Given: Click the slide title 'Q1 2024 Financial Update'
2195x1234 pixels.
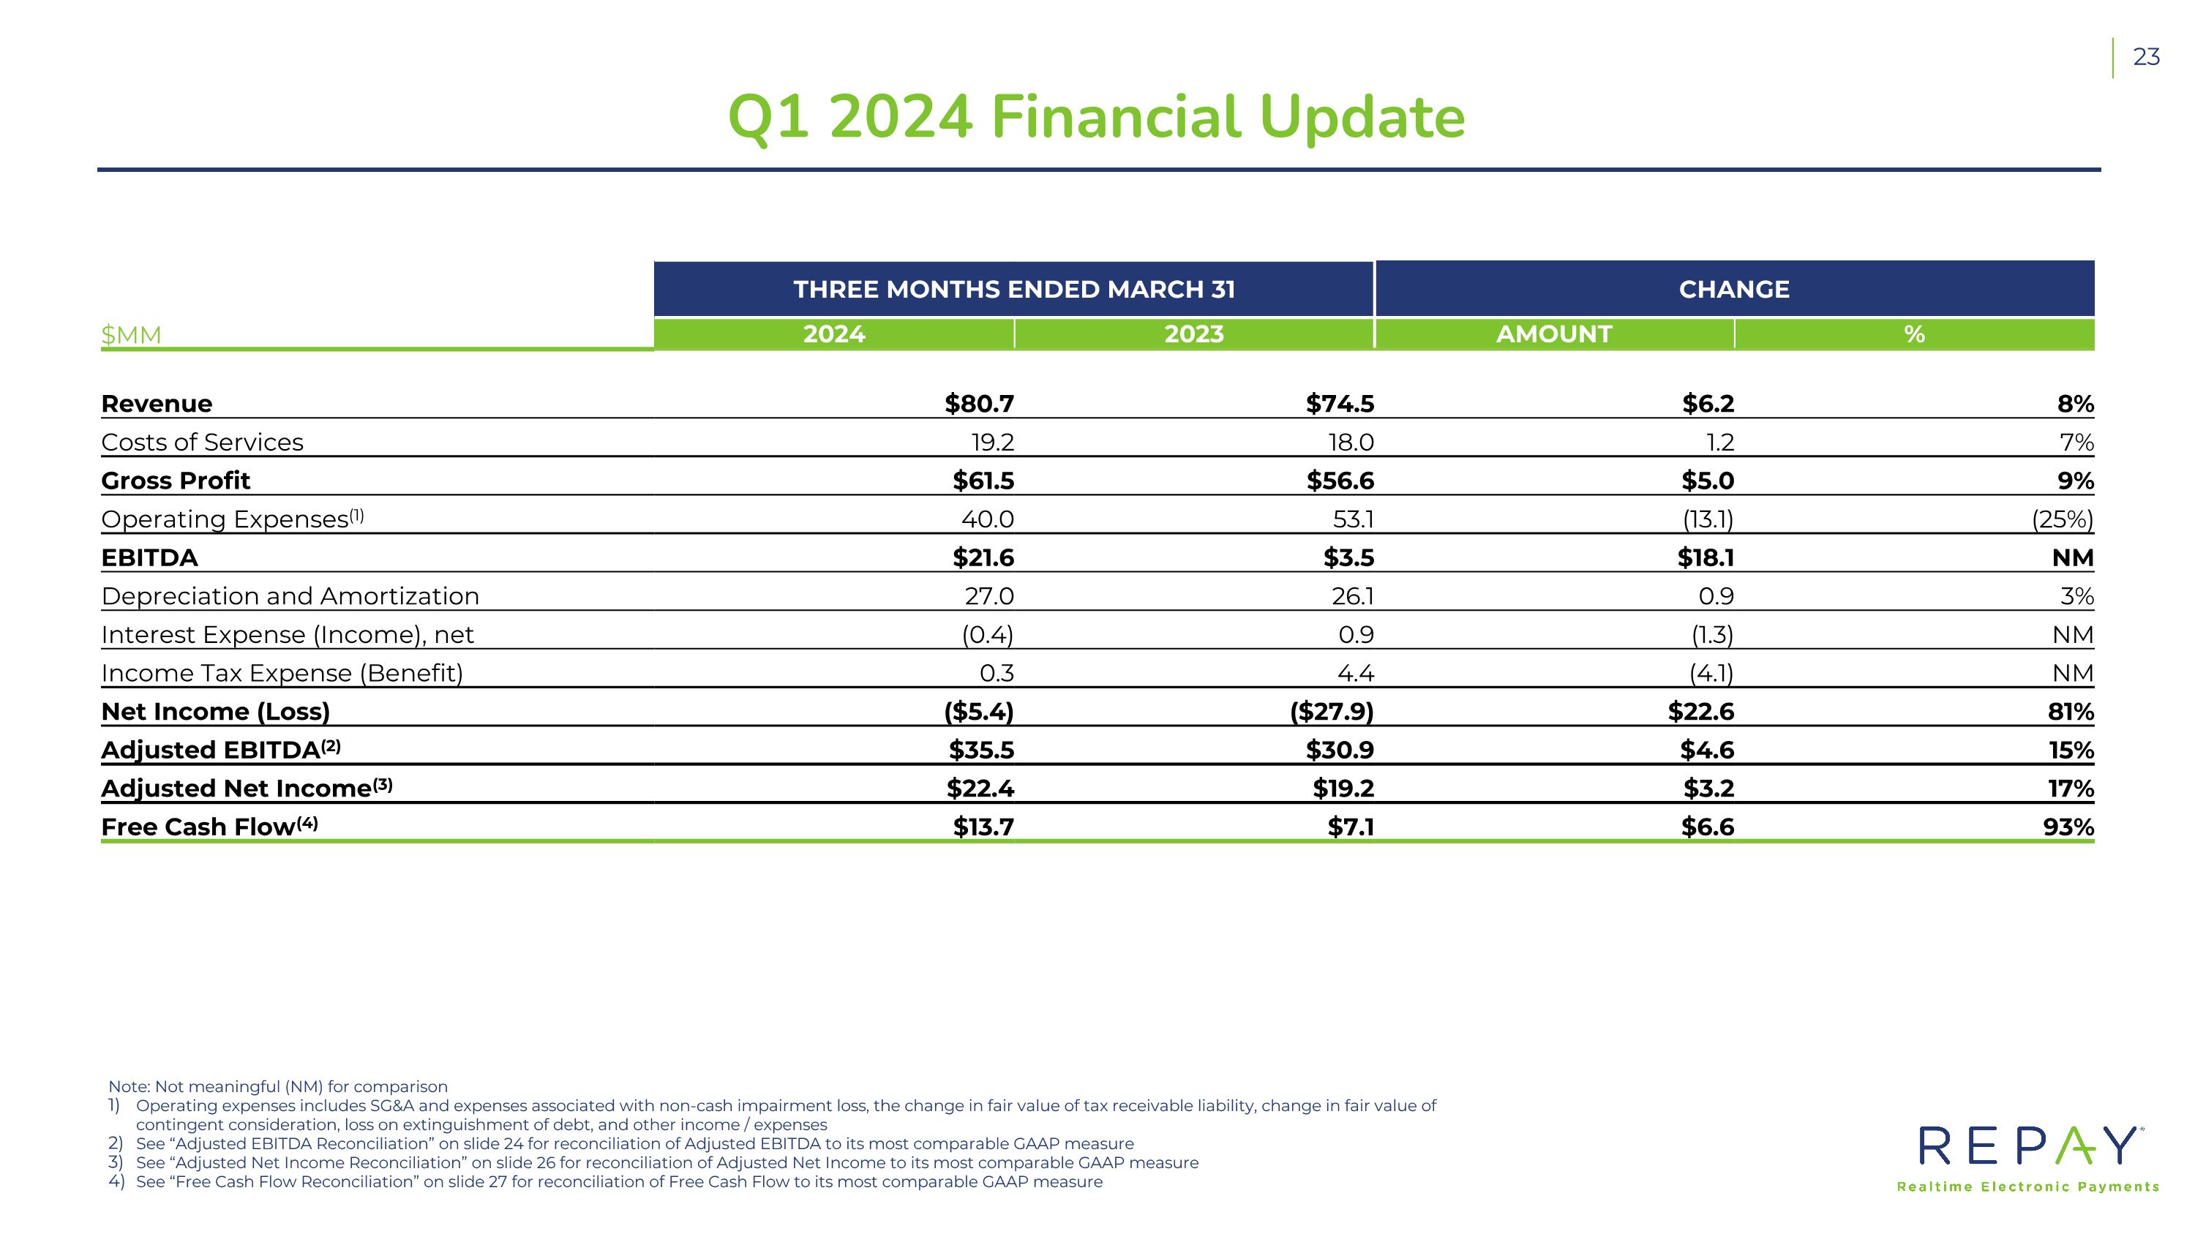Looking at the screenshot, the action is [1097, 118].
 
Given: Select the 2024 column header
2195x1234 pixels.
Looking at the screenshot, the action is [834, 334].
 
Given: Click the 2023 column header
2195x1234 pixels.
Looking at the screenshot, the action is [1194, 334].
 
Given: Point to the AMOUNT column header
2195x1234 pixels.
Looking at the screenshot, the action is [1554, 334].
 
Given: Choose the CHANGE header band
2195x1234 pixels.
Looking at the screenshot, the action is [1735, 289].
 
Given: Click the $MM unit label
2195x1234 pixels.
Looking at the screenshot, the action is [131, 335].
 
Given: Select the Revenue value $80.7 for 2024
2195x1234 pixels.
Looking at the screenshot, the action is [979, 404].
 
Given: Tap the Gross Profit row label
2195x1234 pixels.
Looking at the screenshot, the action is [176, 481].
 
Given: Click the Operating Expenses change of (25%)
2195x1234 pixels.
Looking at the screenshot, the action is [2062, 519].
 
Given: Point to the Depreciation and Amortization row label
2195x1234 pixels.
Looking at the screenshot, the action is [290, 596].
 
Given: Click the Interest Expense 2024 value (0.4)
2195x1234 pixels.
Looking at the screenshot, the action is [988, 634].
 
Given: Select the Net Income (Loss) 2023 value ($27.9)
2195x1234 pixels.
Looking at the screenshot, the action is [1332, 712].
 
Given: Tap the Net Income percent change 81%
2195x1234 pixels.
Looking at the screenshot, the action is [2071, 712].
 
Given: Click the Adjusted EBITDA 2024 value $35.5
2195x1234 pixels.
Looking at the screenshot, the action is [982, 750].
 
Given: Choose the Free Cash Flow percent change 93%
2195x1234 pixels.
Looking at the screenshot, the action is [2069, 827].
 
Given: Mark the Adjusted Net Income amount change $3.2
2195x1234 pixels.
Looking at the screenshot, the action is [1708, 789].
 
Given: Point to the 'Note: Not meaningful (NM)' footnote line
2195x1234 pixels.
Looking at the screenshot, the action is [278, 1087].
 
